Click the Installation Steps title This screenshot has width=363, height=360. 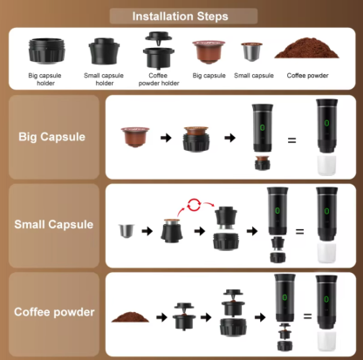tap(181, 16)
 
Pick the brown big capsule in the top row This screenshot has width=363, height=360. tap(207, 51)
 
